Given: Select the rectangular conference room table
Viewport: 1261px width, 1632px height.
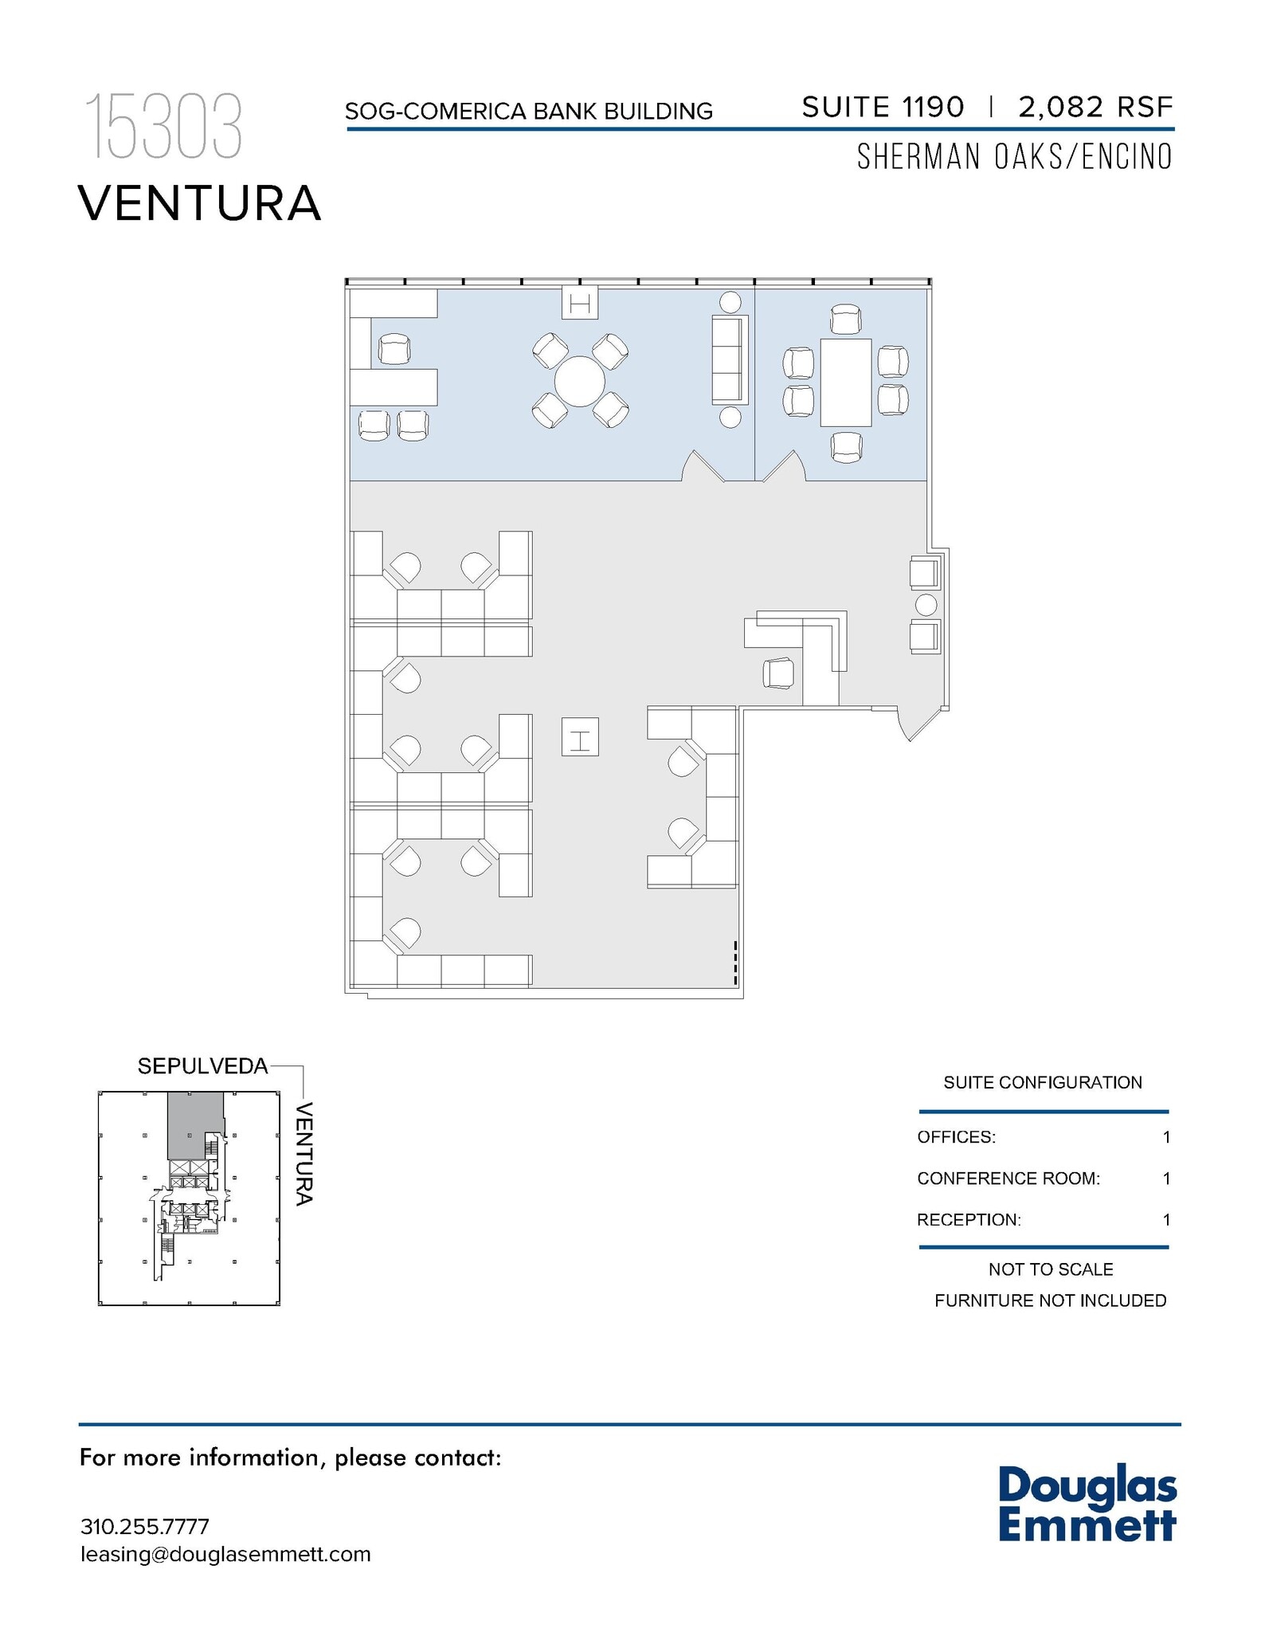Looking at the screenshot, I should tap(845, 382).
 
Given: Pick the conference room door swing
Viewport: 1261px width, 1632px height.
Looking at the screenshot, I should tap(785, 468).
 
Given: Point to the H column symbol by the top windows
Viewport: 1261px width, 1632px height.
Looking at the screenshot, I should tap(579, 303).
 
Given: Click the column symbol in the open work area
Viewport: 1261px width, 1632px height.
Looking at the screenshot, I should tap(579, 736).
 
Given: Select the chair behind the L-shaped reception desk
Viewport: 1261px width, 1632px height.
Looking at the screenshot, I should tap(778, 673).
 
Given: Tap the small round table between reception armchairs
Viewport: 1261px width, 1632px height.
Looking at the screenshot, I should tap(926, 605).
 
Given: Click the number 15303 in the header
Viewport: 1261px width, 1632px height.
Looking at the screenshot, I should tap(163, 127).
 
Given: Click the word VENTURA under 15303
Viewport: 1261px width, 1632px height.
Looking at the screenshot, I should tap(199, 203).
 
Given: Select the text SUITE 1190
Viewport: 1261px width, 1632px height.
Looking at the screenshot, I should tap(883, 107).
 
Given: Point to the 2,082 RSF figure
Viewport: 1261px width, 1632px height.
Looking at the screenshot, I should tap(1095, 107).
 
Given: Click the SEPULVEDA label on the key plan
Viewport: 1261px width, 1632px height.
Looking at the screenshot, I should tap(202, 1066).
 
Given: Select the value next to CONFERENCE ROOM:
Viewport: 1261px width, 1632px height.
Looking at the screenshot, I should tap(1166, 1179).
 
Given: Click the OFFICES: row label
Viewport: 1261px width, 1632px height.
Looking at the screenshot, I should tap(956, 1137).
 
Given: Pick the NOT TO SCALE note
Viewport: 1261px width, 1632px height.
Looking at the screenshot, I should tap(1050, 1269).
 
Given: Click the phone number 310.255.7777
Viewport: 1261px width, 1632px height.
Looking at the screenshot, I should tap(145, 1527).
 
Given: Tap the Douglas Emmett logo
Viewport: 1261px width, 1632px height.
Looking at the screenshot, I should tap(1087, 1504).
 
